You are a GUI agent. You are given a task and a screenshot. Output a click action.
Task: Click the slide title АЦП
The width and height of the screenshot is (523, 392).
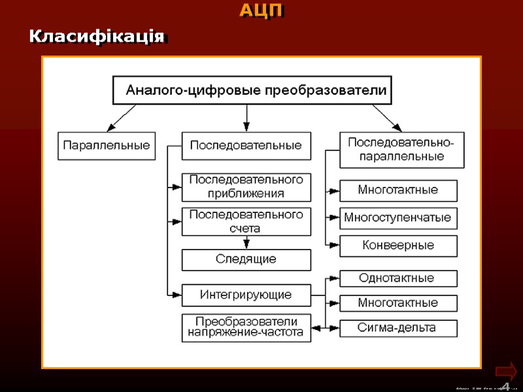tap(261, 10)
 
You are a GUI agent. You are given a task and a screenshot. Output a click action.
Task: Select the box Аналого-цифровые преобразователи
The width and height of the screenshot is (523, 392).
tap(252, 90)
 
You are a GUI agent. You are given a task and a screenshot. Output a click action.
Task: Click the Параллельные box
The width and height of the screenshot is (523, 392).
tap(107, 146)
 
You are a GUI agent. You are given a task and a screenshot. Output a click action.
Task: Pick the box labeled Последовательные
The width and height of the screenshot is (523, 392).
tap(246, 146)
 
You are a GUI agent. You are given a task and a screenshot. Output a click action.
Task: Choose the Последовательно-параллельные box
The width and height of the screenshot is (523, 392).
tap(401, 150)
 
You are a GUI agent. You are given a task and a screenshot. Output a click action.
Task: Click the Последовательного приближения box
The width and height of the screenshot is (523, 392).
tap(246, 187)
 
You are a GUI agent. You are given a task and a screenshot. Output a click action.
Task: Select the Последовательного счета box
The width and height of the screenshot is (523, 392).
tap(246, 221)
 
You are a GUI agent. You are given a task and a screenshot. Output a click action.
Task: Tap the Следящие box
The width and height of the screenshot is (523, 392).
tap(246, 259)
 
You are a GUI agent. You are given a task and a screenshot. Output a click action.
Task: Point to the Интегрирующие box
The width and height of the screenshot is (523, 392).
tap(246, 295)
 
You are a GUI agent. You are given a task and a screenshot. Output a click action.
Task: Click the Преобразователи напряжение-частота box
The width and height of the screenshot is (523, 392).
tap(246, 327)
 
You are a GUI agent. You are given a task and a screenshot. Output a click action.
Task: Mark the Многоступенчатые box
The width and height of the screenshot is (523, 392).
tap(398, 218)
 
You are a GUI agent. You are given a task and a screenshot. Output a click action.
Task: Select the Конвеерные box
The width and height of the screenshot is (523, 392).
tap(398, 246)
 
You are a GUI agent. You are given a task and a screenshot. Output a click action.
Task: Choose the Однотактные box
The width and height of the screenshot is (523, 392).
tap(398, 278)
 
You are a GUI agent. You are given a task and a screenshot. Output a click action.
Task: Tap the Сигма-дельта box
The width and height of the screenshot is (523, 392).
tap(398, 328)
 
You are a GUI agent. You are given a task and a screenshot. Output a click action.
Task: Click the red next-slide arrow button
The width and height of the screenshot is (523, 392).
tap(505, 372)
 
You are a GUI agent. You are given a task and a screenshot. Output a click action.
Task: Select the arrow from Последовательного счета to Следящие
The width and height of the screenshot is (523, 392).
tap(246, 242)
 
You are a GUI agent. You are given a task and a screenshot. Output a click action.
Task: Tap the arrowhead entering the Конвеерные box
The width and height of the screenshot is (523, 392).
tap(334, 246)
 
